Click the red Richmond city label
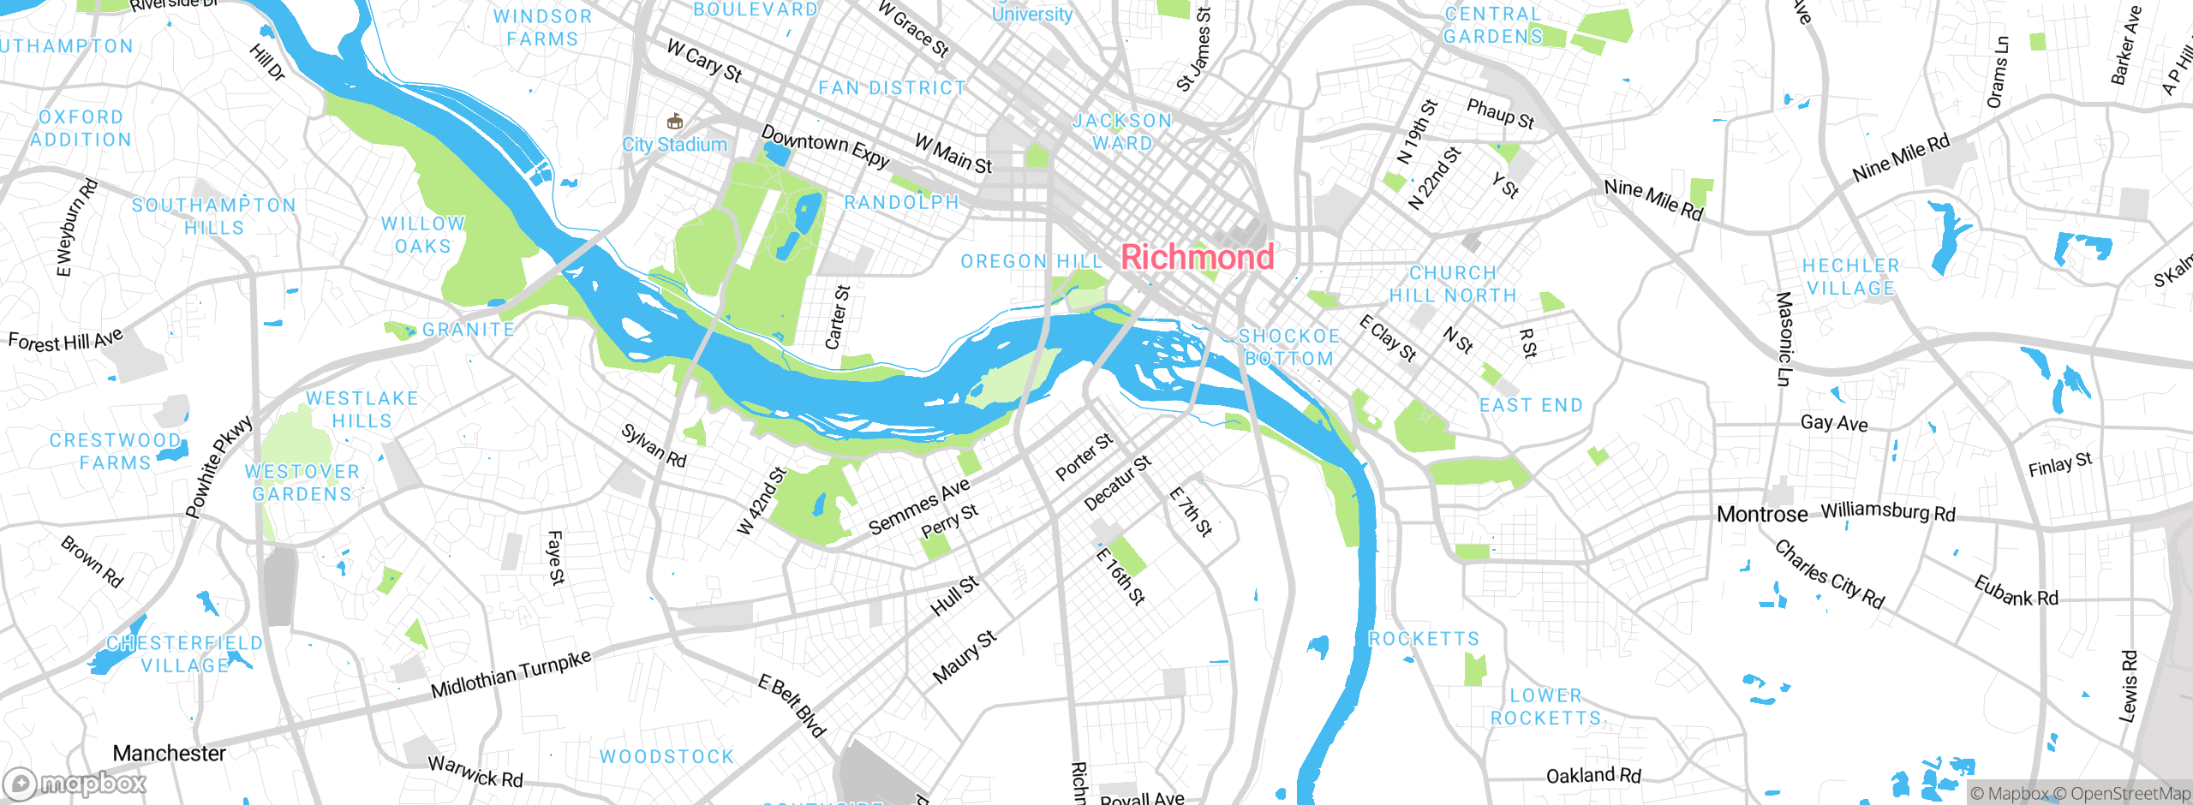point(1197,257)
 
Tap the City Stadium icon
point(675,122)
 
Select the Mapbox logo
point(75,783)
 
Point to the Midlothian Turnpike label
point(511,674)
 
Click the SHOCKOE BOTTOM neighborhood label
point(1288,348)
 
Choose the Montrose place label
point(1761,515)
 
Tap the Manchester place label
point(169,754)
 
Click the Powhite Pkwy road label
point(219,468)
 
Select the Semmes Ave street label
point(918,506)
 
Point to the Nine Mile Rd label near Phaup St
point(1652,200)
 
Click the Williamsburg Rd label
point(1888,511)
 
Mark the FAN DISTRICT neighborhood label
point(892,88)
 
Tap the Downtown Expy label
point(825,147)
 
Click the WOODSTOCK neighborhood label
point(666,757)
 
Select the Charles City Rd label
point(1829,575)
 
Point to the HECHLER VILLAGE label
point(1850,277)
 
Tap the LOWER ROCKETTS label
point(1545,707)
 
